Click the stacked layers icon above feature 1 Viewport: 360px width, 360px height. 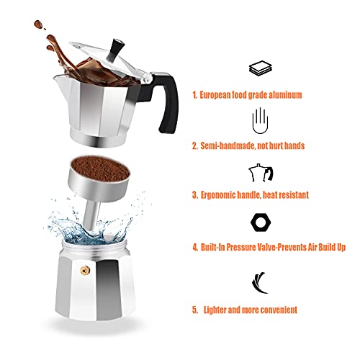click(x=258, y=68)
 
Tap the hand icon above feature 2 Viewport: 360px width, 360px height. click(x=259, y=118)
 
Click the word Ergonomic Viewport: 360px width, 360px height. click(x=224, y=195)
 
